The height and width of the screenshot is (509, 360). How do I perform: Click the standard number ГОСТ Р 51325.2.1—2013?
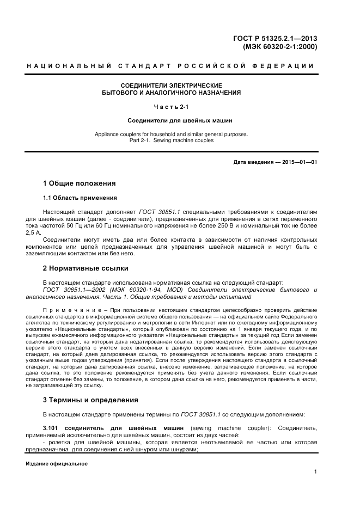pos(275,38)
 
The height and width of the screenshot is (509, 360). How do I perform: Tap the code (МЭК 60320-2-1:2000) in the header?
pos(279,47)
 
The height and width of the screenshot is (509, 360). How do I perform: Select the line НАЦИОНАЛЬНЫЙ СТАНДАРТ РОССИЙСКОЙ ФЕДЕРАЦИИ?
pos(170,66)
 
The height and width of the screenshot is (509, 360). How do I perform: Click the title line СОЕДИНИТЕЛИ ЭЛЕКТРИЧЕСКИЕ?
pos(172,85)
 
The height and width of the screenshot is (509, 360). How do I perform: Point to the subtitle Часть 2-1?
pos(171,106)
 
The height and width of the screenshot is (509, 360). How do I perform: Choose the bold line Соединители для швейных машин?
pos(171,120)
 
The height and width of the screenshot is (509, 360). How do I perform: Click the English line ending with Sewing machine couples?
pos(172,140)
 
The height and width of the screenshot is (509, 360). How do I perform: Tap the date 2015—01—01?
pos(300,162)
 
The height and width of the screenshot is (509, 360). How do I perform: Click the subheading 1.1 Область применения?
pos(80,198)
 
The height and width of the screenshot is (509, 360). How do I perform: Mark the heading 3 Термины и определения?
pos(90,400)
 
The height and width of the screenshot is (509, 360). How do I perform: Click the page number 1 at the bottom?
pos(315,473)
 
